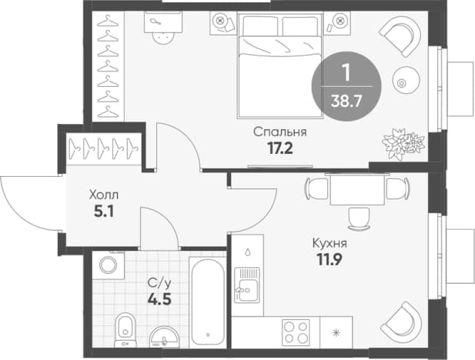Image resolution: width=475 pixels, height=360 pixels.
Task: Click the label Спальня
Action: tap(280, 132)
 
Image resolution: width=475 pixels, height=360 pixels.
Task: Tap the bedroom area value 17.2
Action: tap(280, 148)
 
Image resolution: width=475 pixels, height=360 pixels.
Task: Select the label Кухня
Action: tap(329, 243)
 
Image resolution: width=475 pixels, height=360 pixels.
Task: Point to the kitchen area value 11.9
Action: tap(329, 259)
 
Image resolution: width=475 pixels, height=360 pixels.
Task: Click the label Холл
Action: tap(104, 195)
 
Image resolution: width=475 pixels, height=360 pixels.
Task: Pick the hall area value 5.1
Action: tap(104, 212)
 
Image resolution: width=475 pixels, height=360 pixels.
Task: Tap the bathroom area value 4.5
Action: tap(159, 299)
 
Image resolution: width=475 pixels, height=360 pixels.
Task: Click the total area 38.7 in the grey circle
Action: tap(346, 101)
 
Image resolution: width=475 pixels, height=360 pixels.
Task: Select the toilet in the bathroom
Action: tap(125, 330)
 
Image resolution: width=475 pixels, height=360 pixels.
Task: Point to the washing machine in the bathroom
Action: tap(108, 265)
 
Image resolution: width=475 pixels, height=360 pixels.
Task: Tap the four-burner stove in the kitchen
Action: tap(296, 332)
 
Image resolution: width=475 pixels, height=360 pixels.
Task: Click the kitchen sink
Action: tap(247, 285)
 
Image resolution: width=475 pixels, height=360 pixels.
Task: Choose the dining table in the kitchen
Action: tap(357, 189)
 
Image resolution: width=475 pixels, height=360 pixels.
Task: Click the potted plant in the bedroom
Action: tap(403, 144)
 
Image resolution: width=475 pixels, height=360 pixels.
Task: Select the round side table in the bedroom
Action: tap(406, 81)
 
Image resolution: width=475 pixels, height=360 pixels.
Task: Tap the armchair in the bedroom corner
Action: tap(401, 35)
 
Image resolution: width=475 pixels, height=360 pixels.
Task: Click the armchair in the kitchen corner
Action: tap(401, 322)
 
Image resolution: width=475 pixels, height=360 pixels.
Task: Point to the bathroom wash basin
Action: tap(165, 337)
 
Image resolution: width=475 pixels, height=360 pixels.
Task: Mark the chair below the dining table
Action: tap(360, 218)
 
